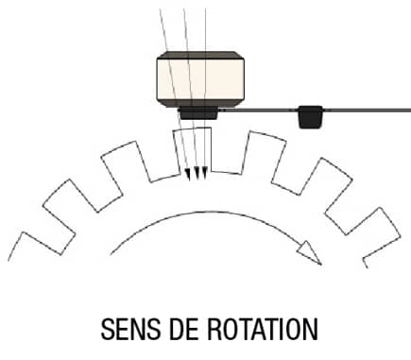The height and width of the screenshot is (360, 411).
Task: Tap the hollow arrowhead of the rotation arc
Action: coord(309,252)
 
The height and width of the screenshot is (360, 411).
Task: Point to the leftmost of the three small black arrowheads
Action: coord(188,175)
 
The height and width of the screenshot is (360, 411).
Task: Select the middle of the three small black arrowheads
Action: coord(197,173)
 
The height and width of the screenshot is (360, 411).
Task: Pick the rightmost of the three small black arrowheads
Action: coord(204,173)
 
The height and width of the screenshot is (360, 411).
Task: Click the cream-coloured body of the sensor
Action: coord(200,79)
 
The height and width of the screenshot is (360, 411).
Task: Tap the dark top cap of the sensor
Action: coord(200,56)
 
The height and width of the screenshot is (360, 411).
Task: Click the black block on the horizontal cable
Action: coord(310,117)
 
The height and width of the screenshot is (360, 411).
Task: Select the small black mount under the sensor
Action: coord(198,113)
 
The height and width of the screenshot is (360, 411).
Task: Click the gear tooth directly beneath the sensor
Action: coord(193,149)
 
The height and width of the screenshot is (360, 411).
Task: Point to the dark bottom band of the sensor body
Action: coord(200,104)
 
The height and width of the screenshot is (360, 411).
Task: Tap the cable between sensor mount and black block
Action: coord(258,110)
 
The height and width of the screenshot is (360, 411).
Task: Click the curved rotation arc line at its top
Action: coord(211,212)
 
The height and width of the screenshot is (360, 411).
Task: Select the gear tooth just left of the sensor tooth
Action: coord(126,162)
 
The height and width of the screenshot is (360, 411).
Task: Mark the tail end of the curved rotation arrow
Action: coord(111,254)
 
